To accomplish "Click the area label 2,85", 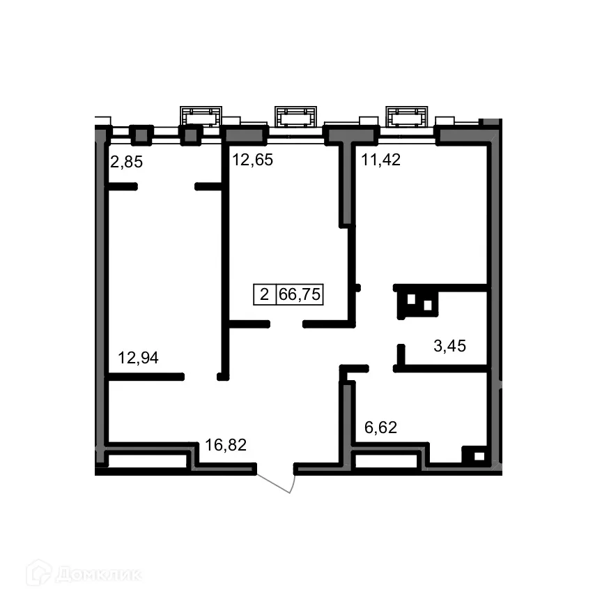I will coord(127,163).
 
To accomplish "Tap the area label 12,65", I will coord(252,160).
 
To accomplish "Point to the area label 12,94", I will coord(138,358).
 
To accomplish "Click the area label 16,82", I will coord(225,444).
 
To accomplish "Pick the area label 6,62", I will coord(380,428).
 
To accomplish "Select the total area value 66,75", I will coord(300,294).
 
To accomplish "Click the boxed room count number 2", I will coord(264,294).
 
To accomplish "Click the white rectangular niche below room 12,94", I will coord(148,461).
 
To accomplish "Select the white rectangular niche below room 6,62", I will coord(385,461).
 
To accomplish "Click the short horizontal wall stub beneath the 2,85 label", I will coord(123,186).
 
